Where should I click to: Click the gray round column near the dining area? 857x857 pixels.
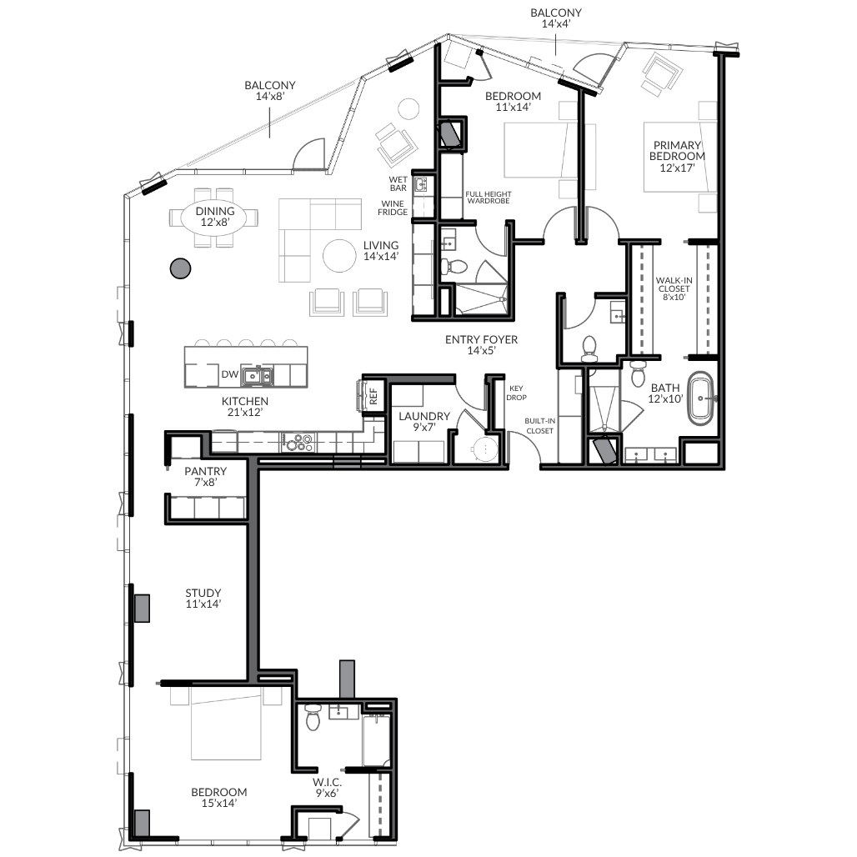180,268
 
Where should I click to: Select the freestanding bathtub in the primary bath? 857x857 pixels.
700,399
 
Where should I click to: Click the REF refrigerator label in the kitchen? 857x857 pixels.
373,396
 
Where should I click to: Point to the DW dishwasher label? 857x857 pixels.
230,374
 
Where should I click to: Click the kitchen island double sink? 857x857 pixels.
258,376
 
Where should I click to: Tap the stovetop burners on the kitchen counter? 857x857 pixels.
298,442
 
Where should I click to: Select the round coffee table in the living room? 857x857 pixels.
340,256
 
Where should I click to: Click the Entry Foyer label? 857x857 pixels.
482,345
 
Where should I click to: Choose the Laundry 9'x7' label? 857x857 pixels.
424,421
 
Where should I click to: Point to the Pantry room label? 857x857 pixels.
206,476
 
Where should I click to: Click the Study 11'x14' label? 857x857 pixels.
203,598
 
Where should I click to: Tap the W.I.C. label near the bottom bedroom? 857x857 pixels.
328,787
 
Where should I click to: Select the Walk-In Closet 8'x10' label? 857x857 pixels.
674,288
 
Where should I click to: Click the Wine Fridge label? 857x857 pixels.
393,208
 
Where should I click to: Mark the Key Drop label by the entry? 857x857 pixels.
516,393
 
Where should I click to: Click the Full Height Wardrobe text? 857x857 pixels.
489,198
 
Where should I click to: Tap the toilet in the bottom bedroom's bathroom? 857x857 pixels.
313,717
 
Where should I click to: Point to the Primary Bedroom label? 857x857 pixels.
677,157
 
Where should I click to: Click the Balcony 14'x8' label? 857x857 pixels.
270,91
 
